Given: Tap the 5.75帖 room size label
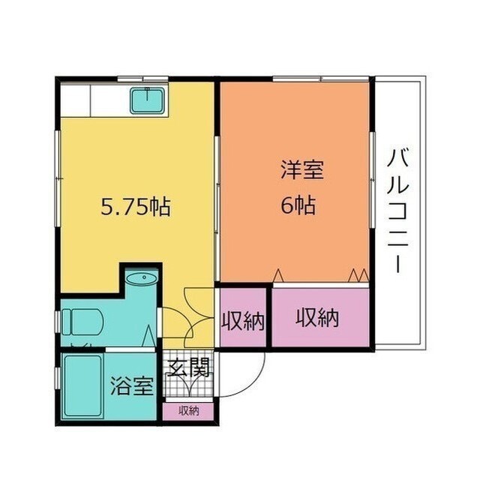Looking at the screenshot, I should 135,206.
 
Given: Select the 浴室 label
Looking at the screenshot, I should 133,386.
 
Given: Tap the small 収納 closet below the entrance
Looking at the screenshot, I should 188,410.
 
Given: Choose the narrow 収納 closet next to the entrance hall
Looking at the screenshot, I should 242,320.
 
